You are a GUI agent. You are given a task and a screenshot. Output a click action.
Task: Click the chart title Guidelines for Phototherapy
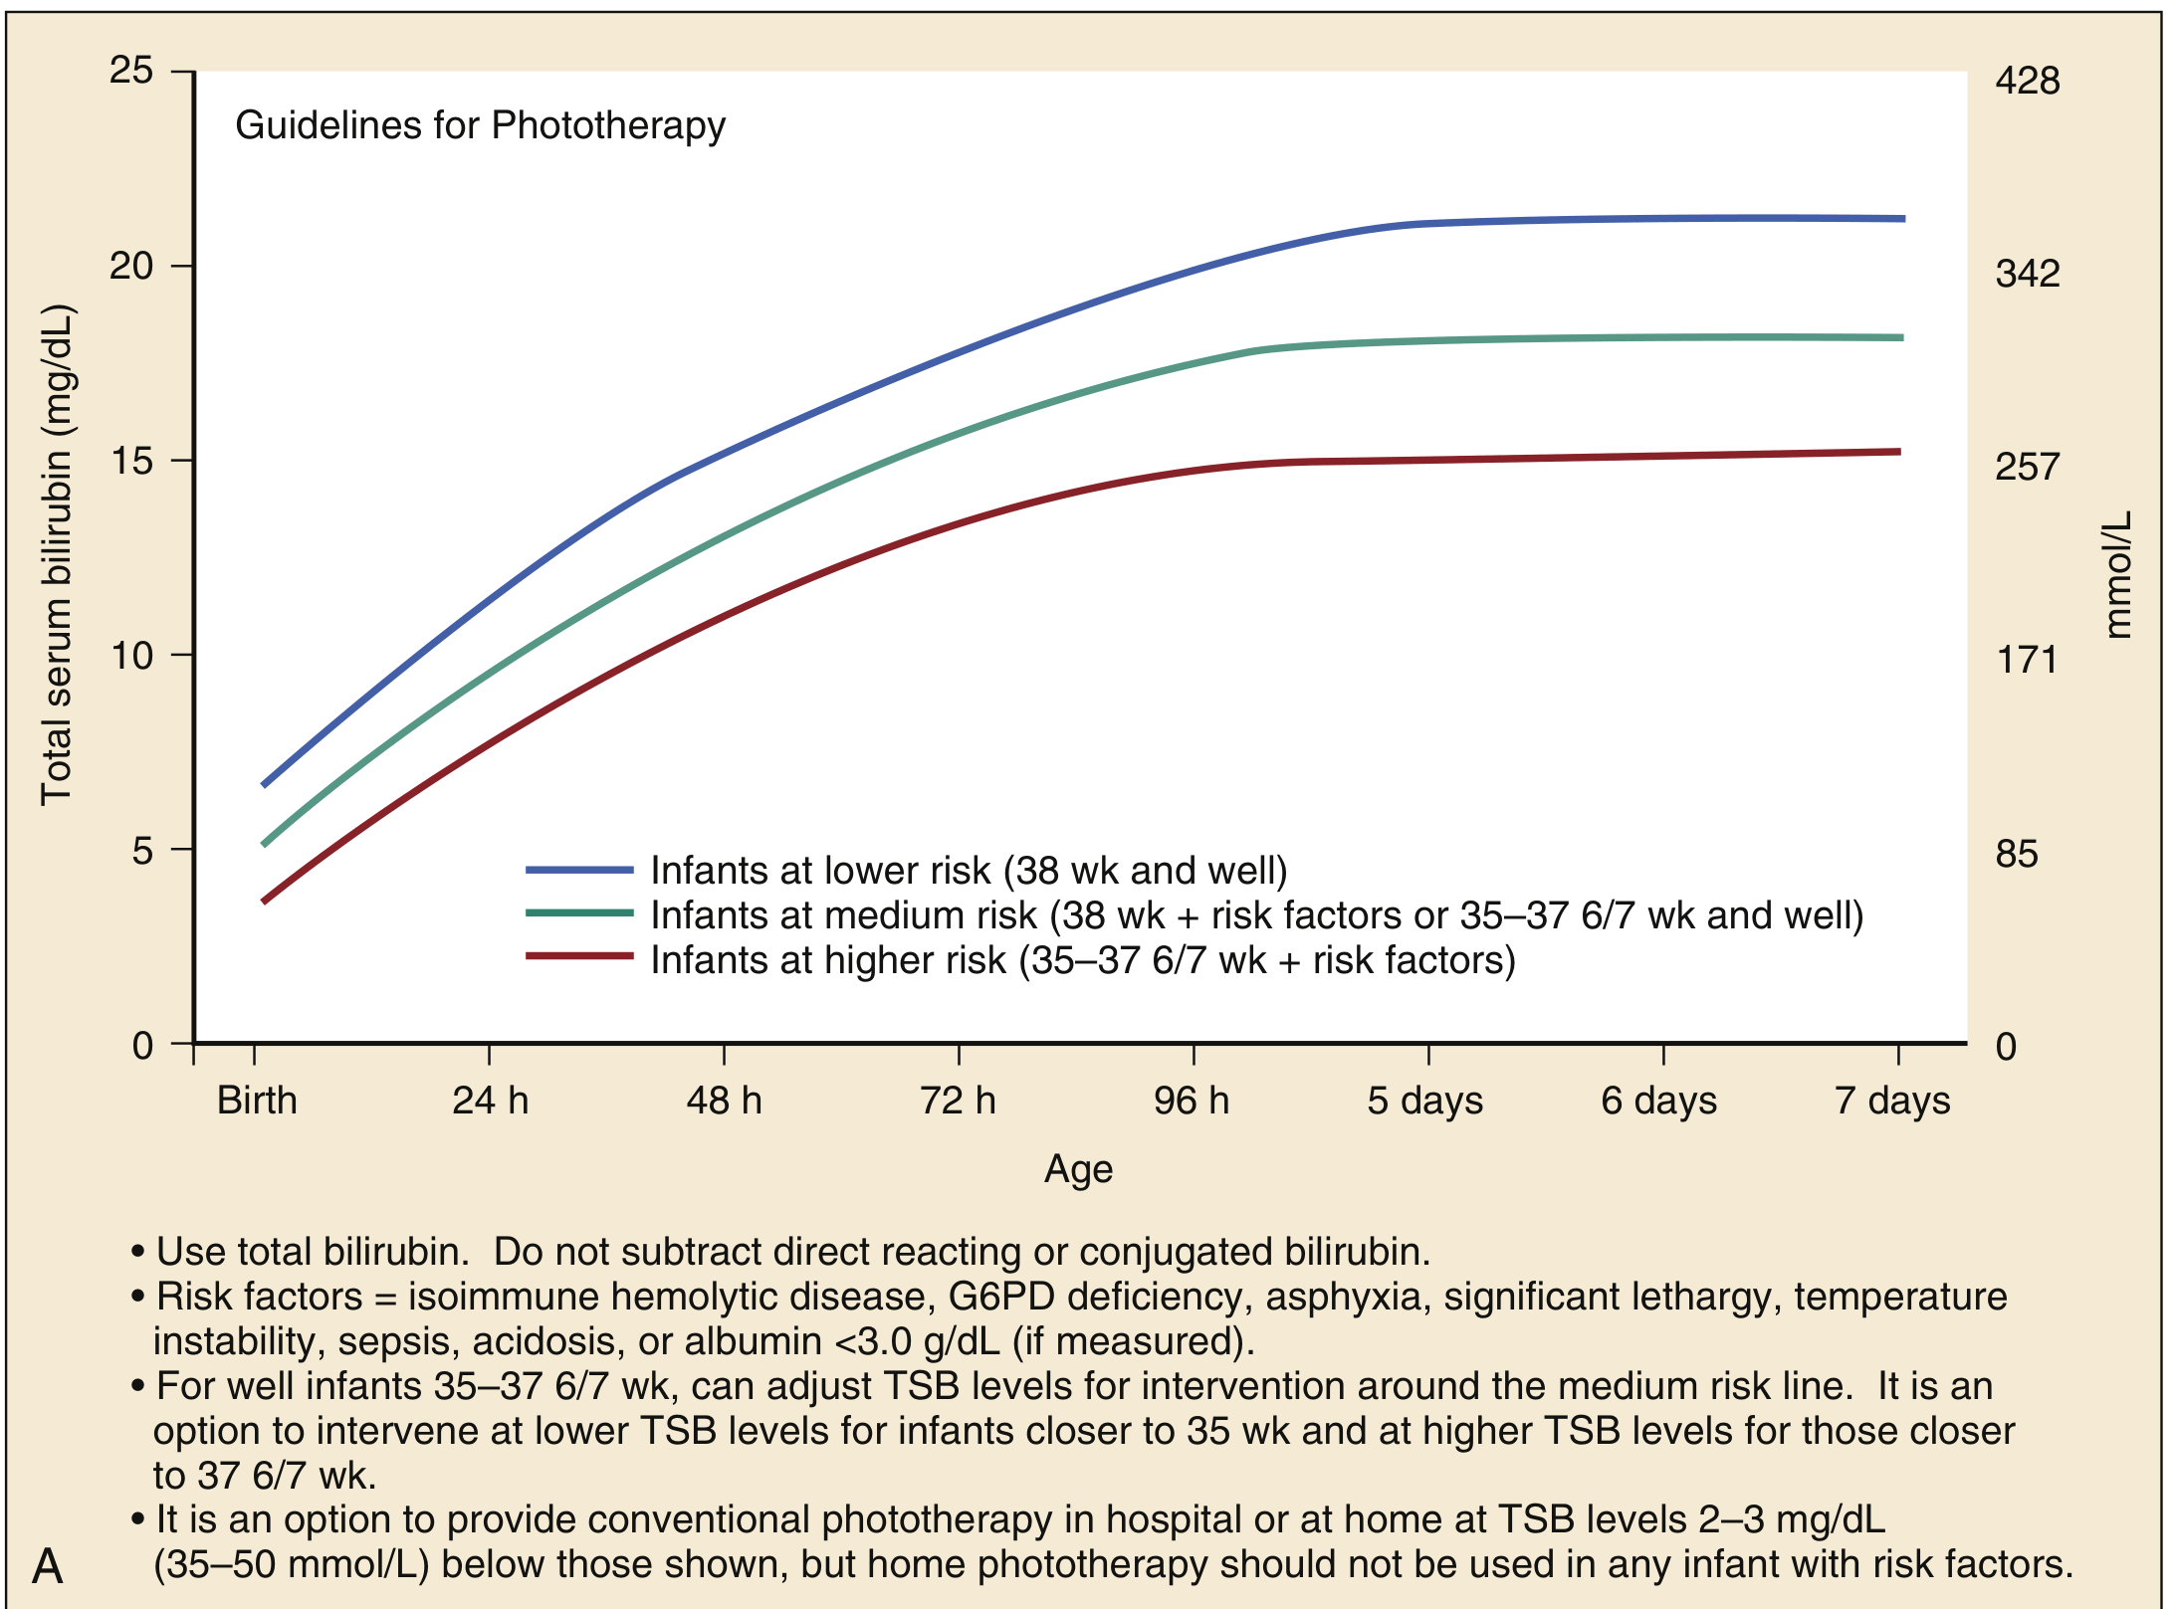(480, 126)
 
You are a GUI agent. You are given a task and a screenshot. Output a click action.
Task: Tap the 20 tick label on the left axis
(131, 266)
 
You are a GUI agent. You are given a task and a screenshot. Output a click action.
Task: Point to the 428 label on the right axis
(2027, 81)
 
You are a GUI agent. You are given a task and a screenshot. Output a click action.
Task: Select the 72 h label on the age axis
(958, 1101)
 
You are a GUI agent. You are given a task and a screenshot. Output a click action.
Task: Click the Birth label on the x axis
(257, 1101)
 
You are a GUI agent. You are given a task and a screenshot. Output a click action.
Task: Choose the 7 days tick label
(1892, 1101)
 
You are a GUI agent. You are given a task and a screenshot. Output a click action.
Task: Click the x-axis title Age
(1078, 1168)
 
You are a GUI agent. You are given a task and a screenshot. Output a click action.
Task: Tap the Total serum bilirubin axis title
(57, 555)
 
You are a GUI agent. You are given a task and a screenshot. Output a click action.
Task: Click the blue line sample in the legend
(579, 870)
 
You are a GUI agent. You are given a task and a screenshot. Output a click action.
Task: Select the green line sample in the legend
(579, 913)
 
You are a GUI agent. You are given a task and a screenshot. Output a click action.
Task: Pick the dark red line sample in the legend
(579, 957)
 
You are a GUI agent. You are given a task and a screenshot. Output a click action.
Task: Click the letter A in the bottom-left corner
(48, 1566)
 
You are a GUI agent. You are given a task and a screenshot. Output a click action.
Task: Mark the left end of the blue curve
(265, 784)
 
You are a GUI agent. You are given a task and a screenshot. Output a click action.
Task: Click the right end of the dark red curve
(1898, 452)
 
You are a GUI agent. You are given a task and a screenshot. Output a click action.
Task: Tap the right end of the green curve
(1900, 338)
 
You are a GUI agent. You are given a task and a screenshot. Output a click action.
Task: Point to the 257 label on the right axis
(2027, 467)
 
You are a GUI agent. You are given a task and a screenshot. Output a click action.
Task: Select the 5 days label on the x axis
(1424, 1101)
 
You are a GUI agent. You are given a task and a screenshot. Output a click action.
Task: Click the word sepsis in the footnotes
(397, 1341)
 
